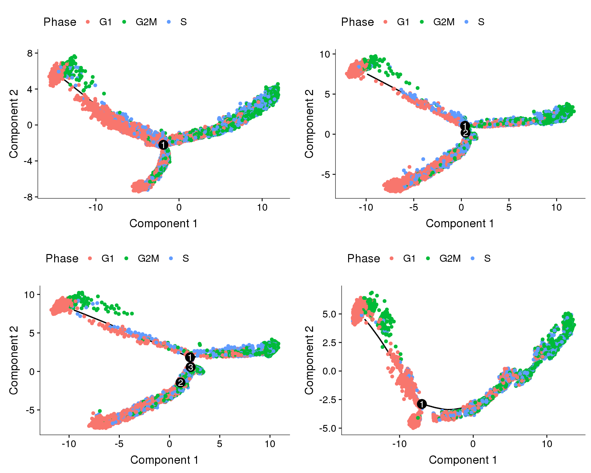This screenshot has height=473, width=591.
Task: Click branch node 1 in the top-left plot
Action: [x=163, y=145]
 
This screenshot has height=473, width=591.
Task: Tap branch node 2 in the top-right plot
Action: [x=465, y=133]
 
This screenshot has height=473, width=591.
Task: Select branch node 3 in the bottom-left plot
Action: [x=191, y=367]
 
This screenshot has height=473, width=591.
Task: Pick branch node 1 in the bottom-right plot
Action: [x=422, y=404]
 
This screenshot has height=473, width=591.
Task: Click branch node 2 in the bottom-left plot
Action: [x=180, y=382]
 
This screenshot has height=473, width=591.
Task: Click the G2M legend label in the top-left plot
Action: [x=146, y=22]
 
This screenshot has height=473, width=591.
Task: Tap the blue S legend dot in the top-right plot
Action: [x=467, y=22]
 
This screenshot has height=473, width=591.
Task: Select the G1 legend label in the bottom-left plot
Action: [x=108, y=258]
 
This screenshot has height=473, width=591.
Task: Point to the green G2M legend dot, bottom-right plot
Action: [x=428, y=258]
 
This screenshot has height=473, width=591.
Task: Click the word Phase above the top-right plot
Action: [x=357, y=22]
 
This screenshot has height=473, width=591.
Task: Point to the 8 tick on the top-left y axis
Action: [x=30, y=53]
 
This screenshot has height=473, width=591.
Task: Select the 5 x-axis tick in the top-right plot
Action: [x=509, y=207]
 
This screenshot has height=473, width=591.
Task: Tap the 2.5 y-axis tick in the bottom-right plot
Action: [x=329, y=342]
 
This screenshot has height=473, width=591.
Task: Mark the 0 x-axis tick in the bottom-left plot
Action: [x=169, y=444]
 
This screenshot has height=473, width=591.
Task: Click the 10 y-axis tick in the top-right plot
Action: [x=325, y=54]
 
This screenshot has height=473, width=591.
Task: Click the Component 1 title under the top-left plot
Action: [x=163, y=223]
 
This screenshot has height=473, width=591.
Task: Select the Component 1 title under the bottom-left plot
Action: [x=164, y=460]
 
